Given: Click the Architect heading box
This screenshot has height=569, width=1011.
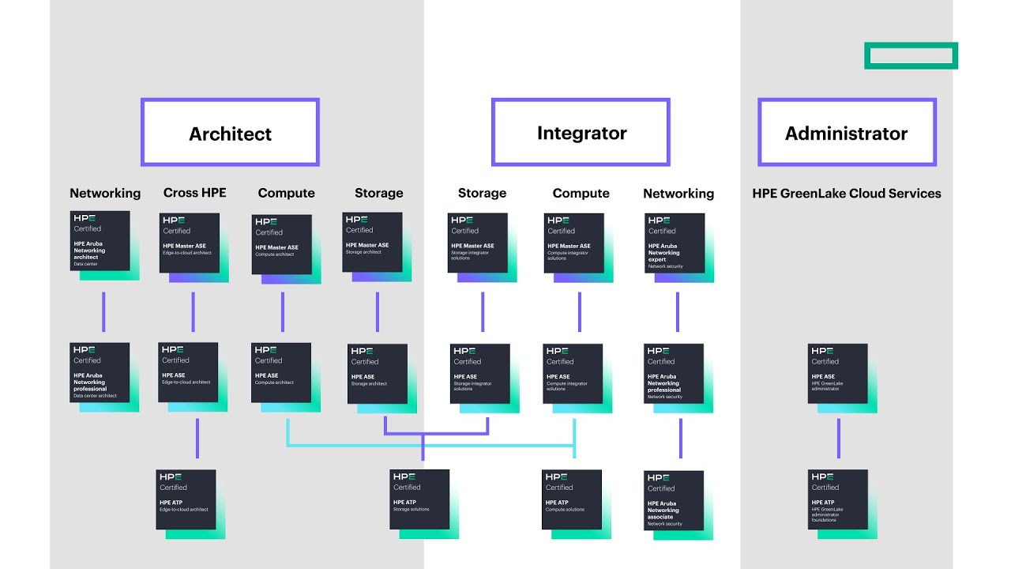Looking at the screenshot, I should tap(230, 133).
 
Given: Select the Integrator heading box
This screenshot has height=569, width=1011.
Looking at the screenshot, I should tap(581, 133).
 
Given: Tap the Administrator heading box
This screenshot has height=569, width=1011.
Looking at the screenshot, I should tap(847, 133).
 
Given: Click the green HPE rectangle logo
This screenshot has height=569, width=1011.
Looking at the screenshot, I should tap(911, 55).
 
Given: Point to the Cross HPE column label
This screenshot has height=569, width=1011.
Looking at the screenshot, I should tap(194, 193).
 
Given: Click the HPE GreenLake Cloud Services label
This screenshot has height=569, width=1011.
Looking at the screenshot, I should tap(847, 193).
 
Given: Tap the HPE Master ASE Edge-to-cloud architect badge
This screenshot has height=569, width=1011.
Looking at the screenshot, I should tap(190, 243).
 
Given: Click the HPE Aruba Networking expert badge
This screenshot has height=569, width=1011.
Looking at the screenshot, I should tap(675, 243).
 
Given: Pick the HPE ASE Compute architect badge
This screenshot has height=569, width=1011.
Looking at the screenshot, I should tap(282, 373).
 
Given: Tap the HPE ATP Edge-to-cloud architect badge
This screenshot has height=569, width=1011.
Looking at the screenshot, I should tap(186, 500).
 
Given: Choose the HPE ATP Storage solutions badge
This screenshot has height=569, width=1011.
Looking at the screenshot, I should tap(420, 500).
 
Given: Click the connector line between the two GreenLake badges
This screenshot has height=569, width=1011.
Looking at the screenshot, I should tap(839, 438).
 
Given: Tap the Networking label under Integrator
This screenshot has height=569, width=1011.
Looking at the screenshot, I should tap(678, 193).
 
